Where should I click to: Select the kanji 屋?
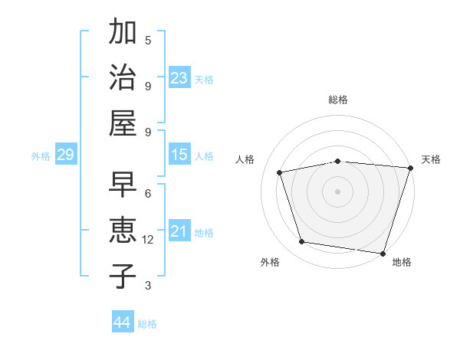click(123, 122)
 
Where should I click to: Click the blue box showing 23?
click(179, 78)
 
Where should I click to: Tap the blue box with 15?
click(179, 155)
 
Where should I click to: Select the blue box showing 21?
click(179, 231)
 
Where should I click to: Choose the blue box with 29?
click(65, 155)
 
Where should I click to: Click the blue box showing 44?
click(123, 322)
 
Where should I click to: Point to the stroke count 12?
click(148, 240)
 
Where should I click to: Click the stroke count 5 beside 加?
click(148, 40)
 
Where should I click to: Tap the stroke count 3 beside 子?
click(148, 286)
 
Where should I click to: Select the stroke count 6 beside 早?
click(148, 194)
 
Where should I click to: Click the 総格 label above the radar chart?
click(338, 100)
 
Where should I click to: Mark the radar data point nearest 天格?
click(409, 168)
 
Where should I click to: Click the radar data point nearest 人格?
click(280, 172)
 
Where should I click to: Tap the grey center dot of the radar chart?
click(338, 191)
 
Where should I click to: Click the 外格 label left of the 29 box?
click(41, 155)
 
